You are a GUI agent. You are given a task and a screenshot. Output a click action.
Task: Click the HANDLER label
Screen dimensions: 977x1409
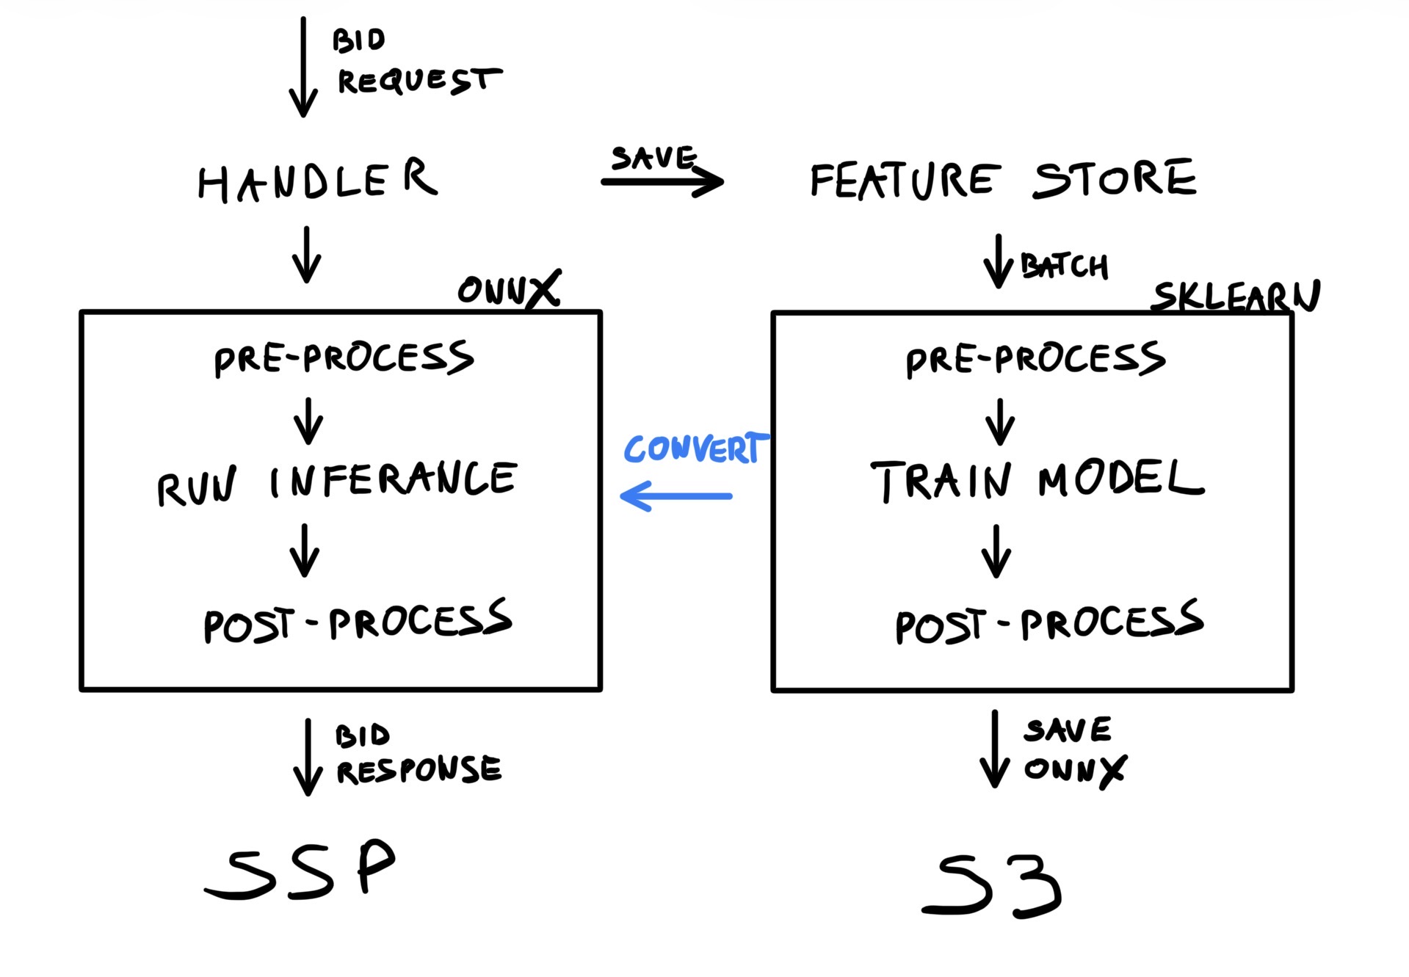coord(317,181)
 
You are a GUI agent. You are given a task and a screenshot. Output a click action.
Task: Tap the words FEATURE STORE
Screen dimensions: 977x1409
coord(1002,180)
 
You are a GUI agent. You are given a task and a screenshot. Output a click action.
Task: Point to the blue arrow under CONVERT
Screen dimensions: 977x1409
coord(675,496)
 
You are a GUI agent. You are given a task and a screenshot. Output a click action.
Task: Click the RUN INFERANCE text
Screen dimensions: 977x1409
coord(337,483)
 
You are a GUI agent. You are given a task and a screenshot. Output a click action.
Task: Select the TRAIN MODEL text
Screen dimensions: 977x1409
coord(1037,481)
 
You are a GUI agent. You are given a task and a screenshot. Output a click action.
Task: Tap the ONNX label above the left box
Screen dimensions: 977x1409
coord(508,289)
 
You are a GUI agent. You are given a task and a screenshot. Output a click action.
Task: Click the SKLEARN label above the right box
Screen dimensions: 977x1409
coord(1236,296)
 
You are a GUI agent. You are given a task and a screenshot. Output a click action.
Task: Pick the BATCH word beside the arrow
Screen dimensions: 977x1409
coord(1064,266)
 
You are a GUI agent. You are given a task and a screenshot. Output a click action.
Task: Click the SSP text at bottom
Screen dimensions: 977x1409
coord(301,870)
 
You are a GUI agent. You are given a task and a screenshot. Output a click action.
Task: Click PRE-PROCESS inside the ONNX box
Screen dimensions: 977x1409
coord(344,358)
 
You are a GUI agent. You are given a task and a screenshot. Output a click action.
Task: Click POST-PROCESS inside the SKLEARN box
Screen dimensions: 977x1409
coord(1048,623)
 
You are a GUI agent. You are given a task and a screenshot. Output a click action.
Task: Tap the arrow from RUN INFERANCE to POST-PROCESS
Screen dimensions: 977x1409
coord(305,551)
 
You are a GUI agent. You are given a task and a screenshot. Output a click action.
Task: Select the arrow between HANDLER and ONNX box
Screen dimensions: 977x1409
coord(307,255)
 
